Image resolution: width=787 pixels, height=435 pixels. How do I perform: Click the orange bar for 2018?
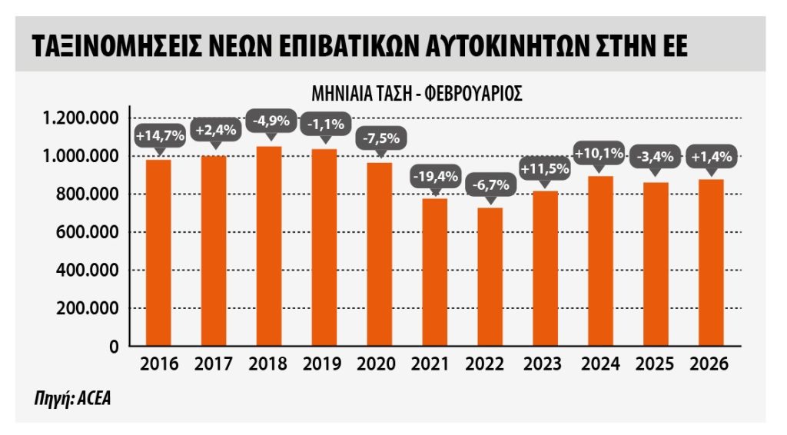pyautogui.click(x=269, y=246)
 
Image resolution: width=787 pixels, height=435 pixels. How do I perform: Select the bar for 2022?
pyautogui.click(x=490, y=277)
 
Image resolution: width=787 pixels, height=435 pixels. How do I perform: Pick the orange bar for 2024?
pyautogui.click(x=600, y=261)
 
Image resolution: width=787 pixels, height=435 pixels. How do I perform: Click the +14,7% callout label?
pyautogui.click(x=160, y=136)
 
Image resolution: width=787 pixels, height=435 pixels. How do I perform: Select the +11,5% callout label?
pyautogui.click(x=545, y=168)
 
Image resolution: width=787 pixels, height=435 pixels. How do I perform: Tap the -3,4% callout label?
pyautogui.click(x=656, y=157)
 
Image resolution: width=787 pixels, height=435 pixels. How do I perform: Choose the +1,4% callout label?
pyautogui.click(x=712, y=157)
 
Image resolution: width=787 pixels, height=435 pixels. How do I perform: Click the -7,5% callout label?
pyautogui.click(x=380, y=139)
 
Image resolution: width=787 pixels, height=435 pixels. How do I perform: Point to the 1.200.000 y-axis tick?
pyautogui.click(x=81, y=118)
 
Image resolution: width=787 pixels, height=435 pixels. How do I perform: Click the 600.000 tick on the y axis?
pyautogui.click(x=87, y=232)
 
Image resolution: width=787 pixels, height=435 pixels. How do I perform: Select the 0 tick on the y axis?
pyautogui.click(x=114, y=347)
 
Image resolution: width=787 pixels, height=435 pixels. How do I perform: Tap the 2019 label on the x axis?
pyautogui.click(x=324, y=364)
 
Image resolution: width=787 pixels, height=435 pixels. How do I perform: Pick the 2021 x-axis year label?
pyautogui.click(x=435, y=364)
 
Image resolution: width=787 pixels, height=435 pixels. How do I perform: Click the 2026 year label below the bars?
pyautogui.click(x=711, y=364)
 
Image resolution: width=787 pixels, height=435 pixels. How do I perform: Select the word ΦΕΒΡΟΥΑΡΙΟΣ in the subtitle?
pyautogui.click(x=472, y=94)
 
